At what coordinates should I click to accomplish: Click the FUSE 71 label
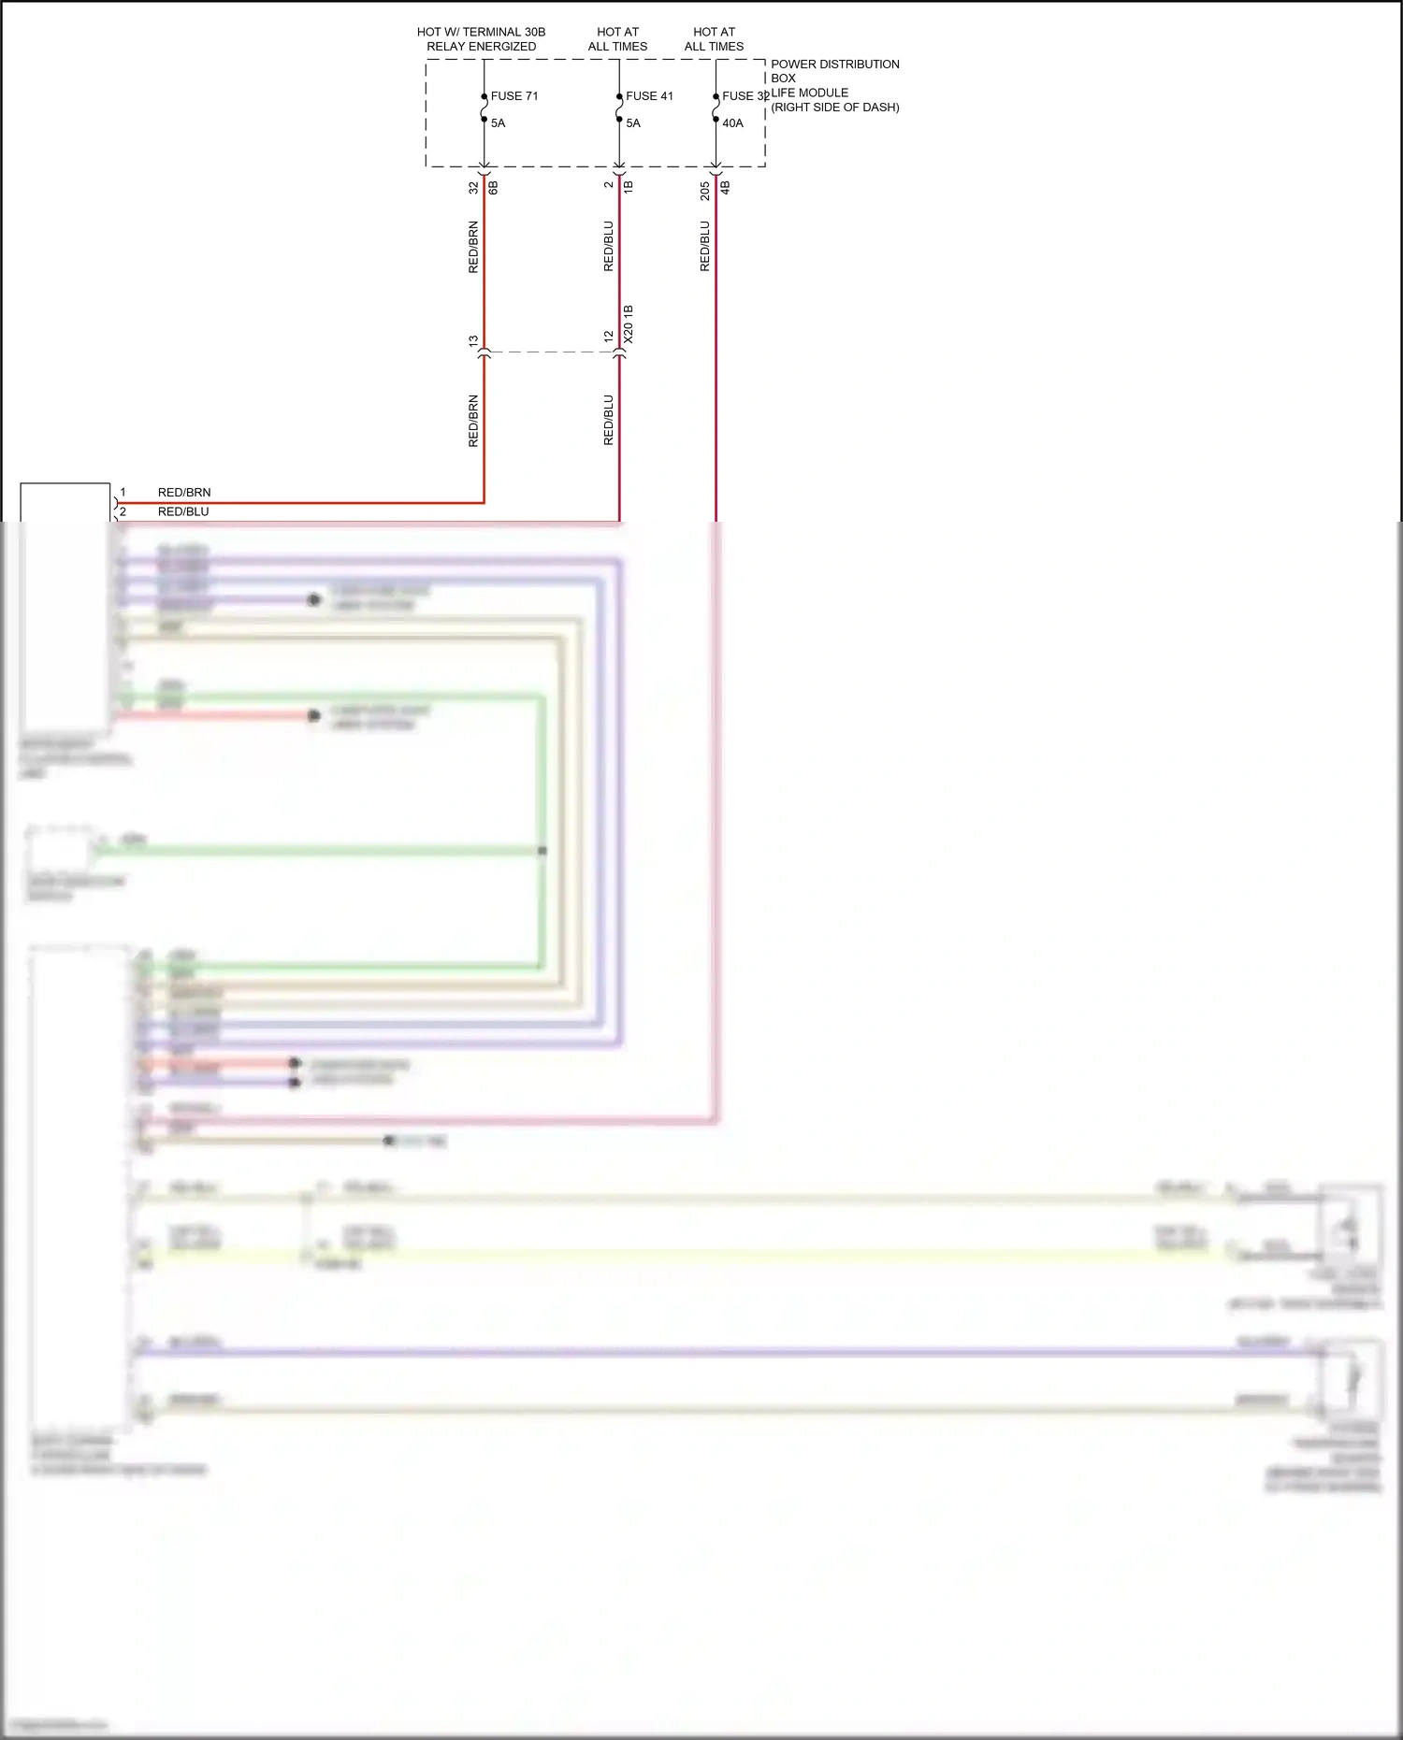point(513,96)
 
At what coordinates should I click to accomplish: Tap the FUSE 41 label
point(649,96)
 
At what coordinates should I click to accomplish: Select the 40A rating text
point(732,123)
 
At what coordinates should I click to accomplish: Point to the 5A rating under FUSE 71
point(498,123)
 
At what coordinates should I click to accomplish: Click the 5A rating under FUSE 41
point(633,123)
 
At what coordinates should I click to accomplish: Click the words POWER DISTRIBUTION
point(834,65)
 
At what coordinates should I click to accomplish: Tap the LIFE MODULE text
point(809,93)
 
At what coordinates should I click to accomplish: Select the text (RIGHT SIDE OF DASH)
point(834,108)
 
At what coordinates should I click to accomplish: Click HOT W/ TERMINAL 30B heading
point(481,32)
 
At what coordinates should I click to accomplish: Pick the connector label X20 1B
point(629,324)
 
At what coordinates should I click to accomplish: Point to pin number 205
point(705,191)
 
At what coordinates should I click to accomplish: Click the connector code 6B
point(494,187)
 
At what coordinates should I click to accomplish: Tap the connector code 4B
point(725,187)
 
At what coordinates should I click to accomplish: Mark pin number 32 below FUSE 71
point(473,187)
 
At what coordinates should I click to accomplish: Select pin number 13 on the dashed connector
point(473,341)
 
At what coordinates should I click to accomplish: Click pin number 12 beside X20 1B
point(609,336)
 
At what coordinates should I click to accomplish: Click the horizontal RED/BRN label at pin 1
point(184,493)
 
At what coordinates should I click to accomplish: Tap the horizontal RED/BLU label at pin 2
point(183,511)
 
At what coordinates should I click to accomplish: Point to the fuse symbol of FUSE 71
point(485,108)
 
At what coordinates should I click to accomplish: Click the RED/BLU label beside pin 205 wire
point(705,246)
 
